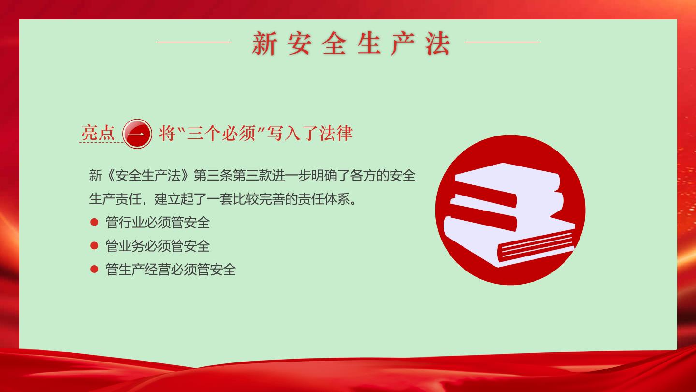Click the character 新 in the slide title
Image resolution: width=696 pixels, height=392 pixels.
[x=264, y=43]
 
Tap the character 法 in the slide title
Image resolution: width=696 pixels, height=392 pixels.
[x=437, y=43]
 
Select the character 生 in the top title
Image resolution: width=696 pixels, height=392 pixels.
[x=368, y=43]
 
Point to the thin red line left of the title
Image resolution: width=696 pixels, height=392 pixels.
[x=194, y=42]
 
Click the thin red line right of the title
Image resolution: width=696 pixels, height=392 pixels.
[x=502, y=42]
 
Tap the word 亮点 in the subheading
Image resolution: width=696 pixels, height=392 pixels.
[x=98, y=133]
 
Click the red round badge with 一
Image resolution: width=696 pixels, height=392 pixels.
[x=137, y=134]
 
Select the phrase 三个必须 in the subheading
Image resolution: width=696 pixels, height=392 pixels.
[x=221, y=133]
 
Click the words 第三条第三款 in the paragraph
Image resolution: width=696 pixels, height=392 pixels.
[x=232, y=176]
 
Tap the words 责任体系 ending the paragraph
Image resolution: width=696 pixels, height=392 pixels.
[x=324, y=199]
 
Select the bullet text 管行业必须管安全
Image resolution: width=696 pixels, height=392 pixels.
[x=158, y=223]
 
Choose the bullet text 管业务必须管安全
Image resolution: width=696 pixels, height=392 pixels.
[x=158, y=246]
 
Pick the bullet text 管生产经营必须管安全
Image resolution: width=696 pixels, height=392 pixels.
[x=171, y=270]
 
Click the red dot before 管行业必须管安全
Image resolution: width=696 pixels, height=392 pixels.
[x=94, y=222]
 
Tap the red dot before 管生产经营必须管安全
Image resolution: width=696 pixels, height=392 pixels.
[x=94, y=269]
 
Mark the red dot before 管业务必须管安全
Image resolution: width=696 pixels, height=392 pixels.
[x=94, y=246]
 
